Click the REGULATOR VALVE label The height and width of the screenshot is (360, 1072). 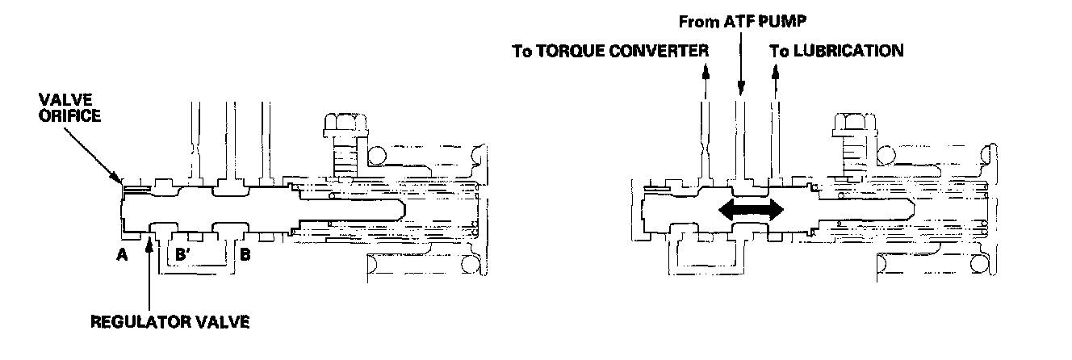tap(170, 322)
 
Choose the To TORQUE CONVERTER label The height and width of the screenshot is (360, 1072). tap(610, 51)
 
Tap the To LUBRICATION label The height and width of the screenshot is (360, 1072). tap(835, 51)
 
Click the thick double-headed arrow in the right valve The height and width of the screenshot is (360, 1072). tap(751, 211)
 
